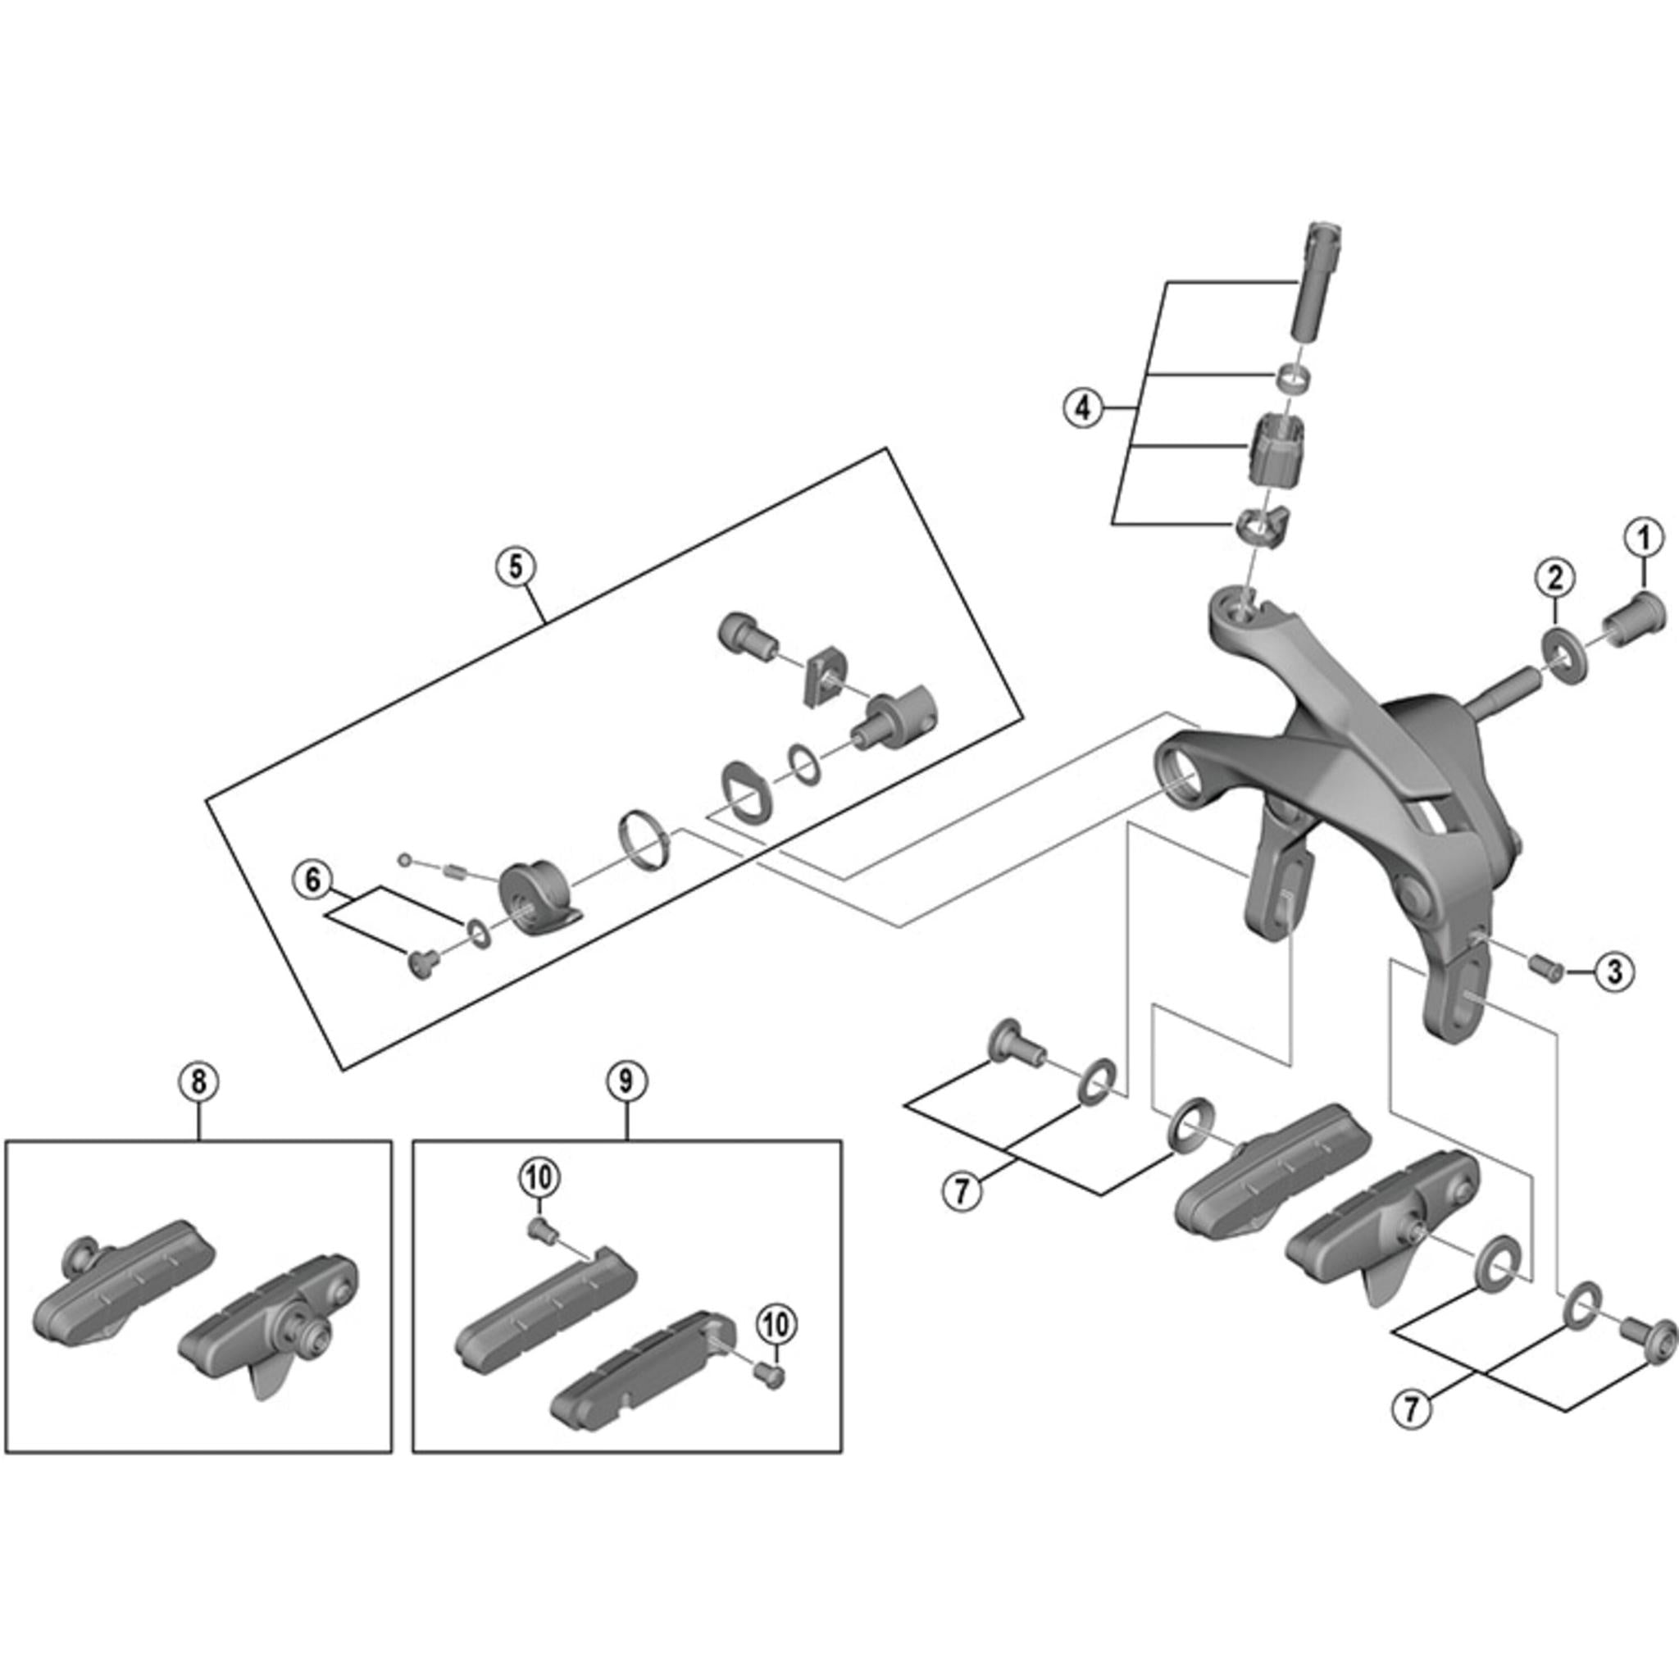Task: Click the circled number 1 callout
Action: [x=1642, y=538]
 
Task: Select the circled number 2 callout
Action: [x=1554, y=576]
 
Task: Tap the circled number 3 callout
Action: [x=1613, y=971]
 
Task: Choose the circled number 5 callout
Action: [x=516, y=566]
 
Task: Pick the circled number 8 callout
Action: [x=198, y=1082]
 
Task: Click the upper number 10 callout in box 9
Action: [x=539, y=1178]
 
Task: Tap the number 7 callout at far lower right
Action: [x=1410, y=1407]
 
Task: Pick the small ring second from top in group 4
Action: [x=1292, y=379]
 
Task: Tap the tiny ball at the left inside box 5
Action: [x=403, y=859]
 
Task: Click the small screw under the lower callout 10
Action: [x=770, y=1372]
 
